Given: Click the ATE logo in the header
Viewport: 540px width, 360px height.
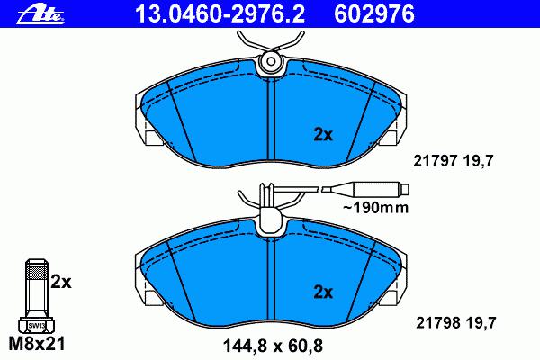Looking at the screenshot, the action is point(40,14).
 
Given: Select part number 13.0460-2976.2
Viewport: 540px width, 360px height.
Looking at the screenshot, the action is point(220,14).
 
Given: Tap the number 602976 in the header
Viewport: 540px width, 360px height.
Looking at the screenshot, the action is point(374,14).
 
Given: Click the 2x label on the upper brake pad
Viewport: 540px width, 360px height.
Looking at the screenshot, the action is point(323,135).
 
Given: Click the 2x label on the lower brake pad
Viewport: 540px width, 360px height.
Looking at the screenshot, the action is point(323,292).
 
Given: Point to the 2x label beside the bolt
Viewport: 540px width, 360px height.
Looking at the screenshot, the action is point(61,282).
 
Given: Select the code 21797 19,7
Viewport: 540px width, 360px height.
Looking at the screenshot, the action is point(454,161).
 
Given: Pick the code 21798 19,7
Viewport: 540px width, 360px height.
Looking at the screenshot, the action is point(456,323).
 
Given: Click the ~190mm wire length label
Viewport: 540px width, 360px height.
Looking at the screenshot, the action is point(375,208).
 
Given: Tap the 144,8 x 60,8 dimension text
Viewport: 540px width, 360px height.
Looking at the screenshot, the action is point(273,346).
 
